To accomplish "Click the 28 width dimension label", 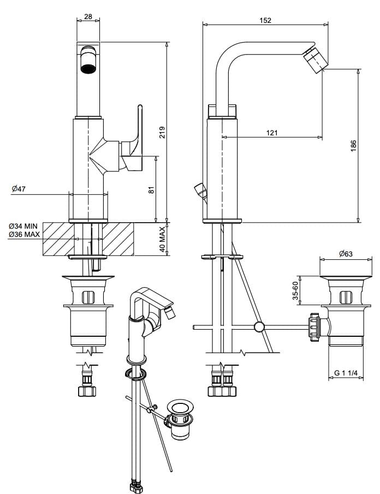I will [88, 16].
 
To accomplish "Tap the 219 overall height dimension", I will [162, 132].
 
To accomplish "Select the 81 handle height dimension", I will [152, 189].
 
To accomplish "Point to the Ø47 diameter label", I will [19, 189].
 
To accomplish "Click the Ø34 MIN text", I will [23, 226].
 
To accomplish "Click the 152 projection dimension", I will [265, 20].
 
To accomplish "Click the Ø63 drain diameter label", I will [345, 253].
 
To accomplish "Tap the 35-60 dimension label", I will [295, 290].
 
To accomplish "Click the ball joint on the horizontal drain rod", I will [259, 328].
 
